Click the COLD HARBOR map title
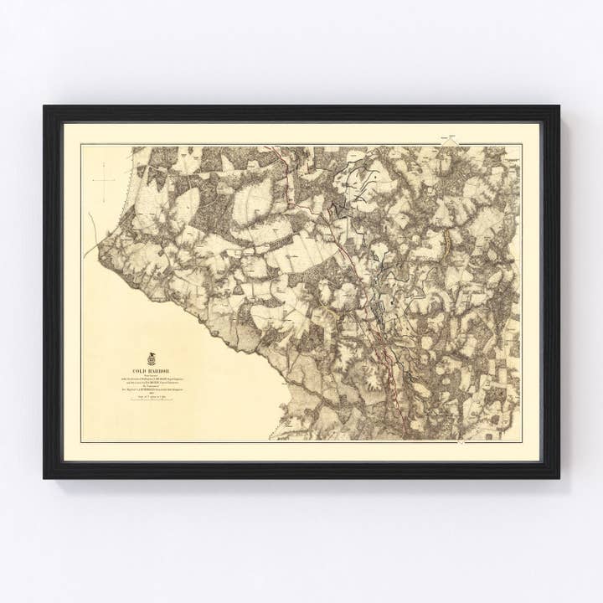151,370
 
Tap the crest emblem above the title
151,358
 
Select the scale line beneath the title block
151,399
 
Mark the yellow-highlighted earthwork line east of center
447,243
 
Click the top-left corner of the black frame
45,106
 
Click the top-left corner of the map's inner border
81,145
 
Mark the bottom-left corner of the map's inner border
81,441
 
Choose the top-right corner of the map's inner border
521,145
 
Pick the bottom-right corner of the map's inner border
521,441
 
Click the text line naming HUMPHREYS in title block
151,389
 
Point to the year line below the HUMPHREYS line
151,394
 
